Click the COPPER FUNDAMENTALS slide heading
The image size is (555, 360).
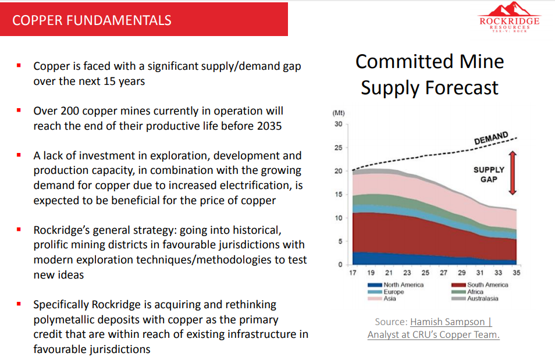[x=92, y=20]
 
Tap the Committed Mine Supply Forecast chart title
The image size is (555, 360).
[x=429, y=74]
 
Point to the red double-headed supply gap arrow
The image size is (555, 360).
[x=513, y=173]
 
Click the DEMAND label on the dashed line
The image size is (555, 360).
[x=491, y=138]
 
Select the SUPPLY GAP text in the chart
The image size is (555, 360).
[x=489, y=174]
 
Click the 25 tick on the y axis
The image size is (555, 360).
[x=338, y=148]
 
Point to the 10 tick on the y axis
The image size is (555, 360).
[x=338, y=218]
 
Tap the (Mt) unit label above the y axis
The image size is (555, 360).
[x=338, y=113]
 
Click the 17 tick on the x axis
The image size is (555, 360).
[x=352, y=273]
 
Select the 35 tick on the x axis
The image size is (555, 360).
[x=515, y=273]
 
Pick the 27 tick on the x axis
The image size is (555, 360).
[x=443, y=273]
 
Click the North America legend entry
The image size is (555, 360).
[x=403, y=285]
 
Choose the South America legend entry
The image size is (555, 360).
[x=488, y=285]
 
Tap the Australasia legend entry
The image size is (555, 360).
[x=483, y=298]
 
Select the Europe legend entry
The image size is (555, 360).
[x=393, y=292]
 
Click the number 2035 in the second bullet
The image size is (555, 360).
[x=269, y=125]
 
